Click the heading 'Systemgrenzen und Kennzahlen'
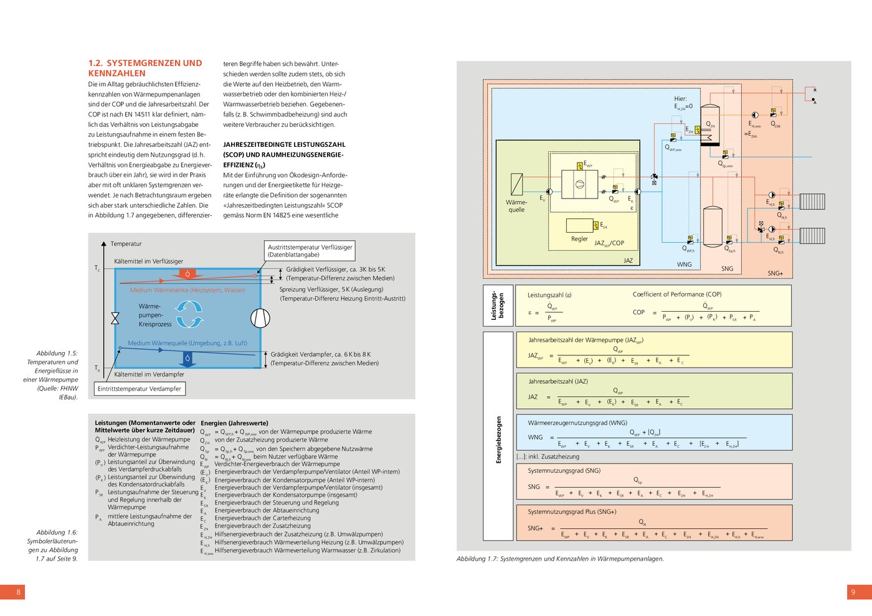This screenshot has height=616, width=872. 145,68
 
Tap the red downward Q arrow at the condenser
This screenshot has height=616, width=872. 187,274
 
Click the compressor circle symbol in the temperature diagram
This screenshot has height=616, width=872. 260,318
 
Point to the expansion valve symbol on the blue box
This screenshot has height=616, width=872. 115,318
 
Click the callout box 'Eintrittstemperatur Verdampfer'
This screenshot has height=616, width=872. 140,389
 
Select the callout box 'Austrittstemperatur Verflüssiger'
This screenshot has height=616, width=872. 310,251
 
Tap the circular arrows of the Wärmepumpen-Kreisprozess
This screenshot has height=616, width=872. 189,314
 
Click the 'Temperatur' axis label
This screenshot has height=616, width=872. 126,244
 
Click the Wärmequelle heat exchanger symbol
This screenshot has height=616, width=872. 516,185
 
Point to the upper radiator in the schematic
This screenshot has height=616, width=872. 812,202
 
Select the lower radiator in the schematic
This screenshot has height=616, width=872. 812,235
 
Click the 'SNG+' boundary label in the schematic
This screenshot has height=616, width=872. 775,273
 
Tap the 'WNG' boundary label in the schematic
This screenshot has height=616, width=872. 684,264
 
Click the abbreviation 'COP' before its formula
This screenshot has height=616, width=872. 638,312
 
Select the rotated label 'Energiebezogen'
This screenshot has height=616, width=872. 498,440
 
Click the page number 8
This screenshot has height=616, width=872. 18,592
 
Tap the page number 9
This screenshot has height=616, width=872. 853,592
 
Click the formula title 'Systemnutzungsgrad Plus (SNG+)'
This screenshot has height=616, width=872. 572,511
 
